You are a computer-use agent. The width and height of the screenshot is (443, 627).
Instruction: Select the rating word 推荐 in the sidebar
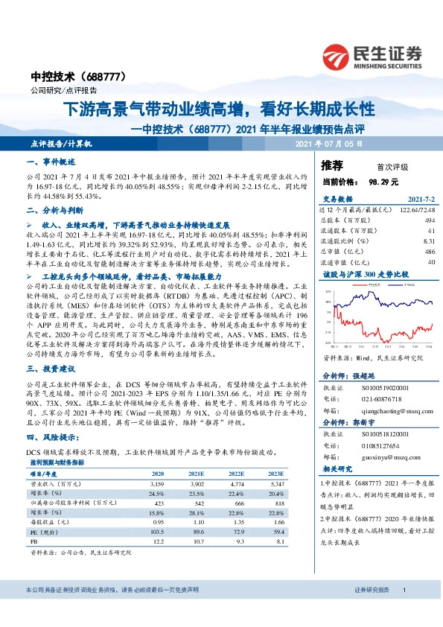point(332,165)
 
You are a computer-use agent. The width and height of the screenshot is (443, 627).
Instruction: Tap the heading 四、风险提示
point(52,438)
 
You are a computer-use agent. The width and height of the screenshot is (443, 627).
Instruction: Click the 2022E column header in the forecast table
point(236,474)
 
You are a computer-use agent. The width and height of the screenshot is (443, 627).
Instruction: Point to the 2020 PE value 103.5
point(156,532)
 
